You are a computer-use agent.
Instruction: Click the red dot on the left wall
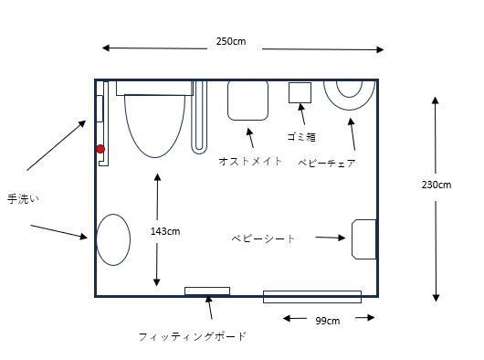click(100, 149)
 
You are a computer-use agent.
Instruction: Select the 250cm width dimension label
click(231, 41)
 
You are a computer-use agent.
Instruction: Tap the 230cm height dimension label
click(437, 185)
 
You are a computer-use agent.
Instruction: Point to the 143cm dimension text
click(165, 231)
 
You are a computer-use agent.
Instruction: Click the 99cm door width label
click(328, 321)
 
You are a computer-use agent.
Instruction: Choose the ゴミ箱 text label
click(301, 136)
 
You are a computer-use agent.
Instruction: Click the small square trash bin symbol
click(300, 92)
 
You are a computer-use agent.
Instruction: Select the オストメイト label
click(250, 161)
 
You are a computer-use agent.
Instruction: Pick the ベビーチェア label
click(327, 163)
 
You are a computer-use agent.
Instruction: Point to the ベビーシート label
click(263, 238)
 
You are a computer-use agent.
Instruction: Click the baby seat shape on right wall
click(364, 239)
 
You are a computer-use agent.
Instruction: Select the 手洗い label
click(23, 199)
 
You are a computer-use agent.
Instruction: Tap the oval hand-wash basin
click(113, 239)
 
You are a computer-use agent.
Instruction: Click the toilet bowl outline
click(154, 157)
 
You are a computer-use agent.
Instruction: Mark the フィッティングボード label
click(192, 336)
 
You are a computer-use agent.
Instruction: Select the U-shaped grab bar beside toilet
click(199, 152)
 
